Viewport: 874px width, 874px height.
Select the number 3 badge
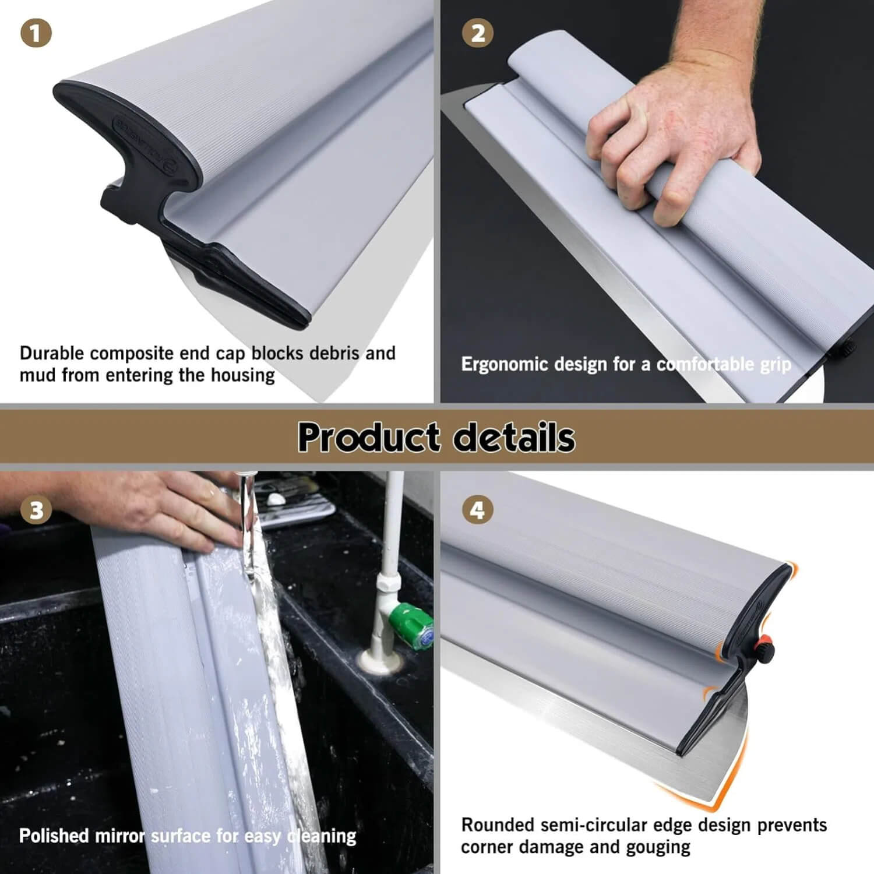(x=36, y=510)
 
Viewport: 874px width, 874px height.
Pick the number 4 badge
(x=478, y=510)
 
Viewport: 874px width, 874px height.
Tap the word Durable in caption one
(x=52, y=353)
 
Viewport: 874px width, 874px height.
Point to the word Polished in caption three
(x=54, y=836)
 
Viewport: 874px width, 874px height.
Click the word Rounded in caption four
(x=498, y=825)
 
